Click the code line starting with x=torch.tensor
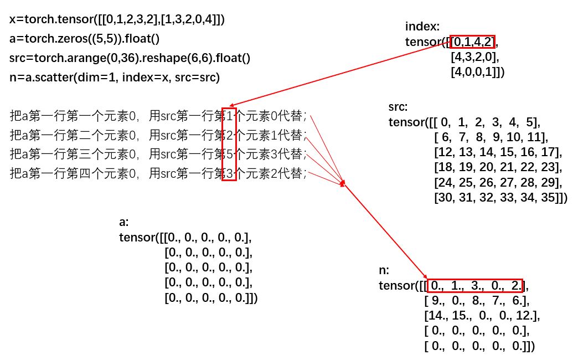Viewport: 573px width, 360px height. [117, 19]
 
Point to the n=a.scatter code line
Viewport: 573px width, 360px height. [115, 78]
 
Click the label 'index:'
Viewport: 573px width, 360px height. [422, 27]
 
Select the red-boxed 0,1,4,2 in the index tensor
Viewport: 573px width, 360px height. [474, 42]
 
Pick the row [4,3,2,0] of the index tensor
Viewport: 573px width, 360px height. [475, 56]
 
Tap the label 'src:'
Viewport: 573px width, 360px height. [398, 107]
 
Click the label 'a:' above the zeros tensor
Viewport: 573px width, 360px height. [124, 223]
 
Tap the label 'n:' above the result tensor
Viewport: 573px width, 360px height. [384, 271]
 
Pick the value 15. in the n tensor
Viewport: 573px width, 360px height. [459, 316]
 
